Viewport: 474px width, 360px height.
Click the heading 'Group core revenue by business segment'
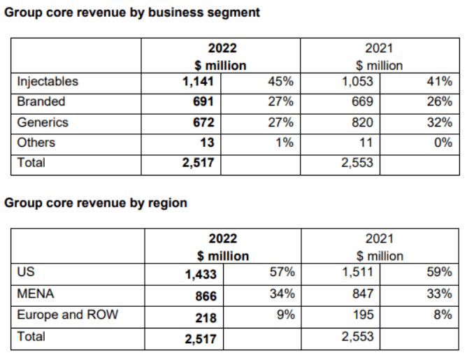click(x=132, y=13)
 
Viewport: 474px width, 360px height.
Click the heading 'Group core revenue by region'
click(x=96, y=203)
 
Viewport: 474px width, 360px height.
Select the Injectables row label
click(x=48, y=82)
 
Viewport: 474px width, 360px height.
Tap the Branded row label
click(x=41, y=102)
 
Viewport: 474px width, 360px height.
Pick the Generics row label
click(x=43, y=122)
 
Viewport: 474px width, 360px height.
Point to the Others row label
click(x=36, y=143)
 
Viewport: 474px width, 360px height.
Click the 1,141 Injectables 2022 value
click(x=199, y=82)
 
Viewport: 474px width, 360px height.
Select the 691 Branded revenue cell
click(x=203, y=102)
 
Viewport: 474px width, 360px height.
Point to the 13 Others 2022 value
click(x=207, y=143)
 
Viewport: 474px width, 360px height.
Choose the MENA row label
click(x=36, y=294)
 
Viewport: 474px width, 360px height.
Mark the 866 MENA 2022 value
click(x=205, y=296)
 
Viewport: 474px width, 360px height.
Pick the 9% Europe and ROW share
click(x=284, y=315)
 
